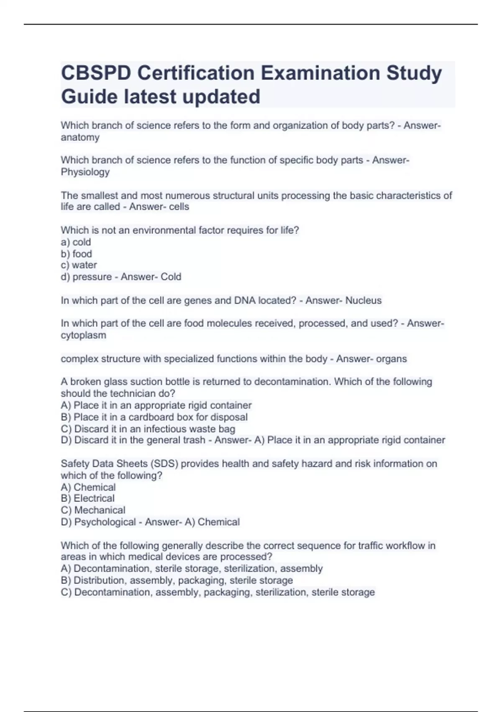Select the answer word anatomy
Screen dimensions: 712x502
80,137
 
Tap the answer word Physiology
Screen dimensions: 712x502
85,172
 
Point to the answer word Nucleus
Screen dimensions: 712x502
363,301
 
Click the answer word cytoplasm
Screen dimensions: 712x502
83,335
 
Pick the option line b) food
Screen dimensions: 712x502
76,254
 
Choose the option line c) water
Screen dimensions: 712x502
79,265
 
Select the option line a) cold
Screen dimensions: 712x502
76,242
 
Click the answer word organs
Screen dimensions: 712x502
391,359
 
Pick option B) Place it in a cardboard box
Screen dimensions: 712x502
154,417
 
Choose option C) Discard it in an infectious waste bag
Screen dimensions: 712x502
148,429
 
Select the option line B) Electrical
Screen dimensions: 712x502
87,498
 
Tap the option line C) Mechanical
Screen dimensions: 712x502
93,510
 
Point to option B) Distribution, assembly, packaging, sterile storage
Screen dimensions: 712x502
177,580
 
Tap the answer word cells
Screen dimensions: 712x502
179,207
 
